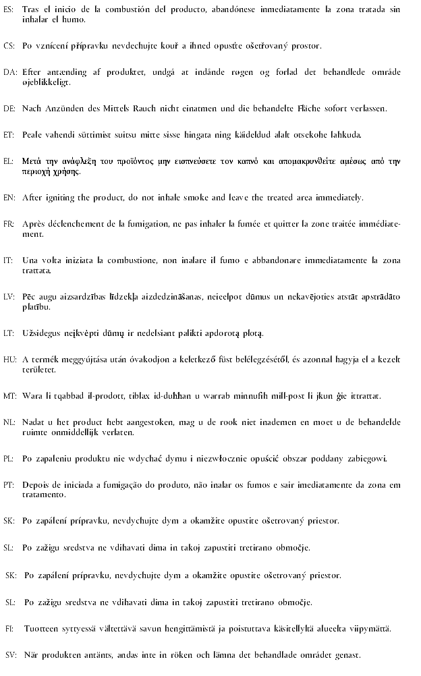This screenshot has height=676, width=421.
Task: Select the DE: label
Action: pos(9,108)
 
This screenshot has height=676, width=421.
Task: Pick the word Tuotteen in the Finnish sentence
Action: pos(40,628)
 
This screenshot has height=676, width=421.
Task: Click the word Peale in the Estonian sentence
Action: pos(32,134)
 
